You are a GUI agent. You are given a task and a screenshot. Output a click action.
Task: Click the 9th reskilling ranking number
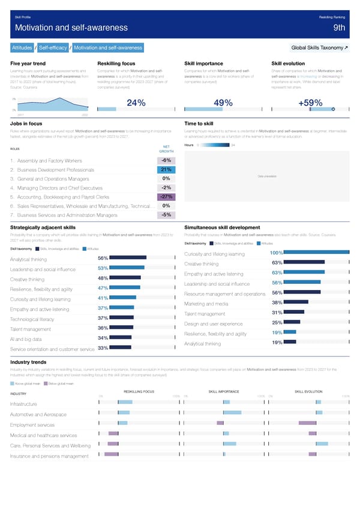340,28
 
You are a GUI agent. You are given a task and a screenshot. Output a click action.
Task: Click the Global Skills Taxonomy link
319,47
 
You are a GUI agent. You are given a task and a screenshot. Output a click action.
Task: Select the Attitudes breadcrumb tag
23,47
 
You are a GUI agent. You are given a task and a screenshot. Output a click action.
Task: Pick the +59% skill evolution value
310,103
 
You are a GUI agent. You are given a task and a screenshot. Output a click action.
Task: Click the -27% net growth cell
166,197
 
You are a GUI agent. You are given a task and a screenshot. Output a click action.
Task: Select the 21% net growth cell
166,169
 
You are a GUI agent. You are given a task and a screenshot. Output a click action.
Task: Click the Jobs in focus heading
26,122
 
